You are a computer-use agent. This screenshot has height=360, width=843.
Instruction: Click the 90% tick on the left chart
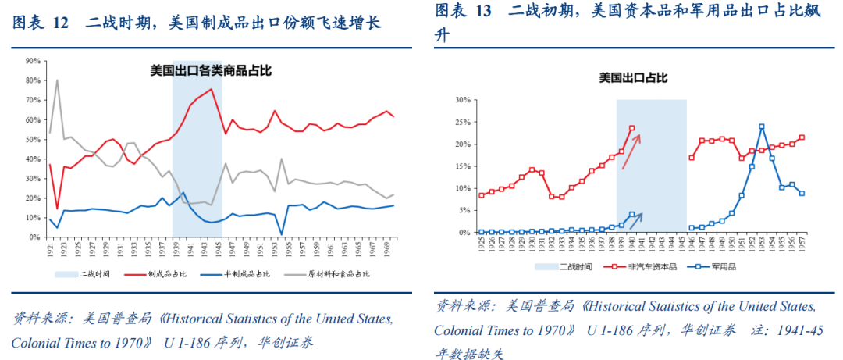pyautogui.click(x=33, y=61)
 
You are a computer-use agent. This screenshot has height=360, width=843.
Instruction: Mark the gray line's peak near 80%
pyautogui.click(x=57, y=80)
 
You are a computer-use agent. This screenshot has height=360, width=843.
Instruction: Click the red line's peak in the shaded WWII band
pyautogui.click(x=211, y=89)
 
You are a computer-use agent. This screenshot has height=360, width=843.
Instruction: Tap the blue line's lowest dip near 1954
pyautogui.click(x=280, y=233)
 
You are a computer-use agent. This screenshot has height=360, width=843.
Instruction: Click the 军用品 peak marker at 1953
pyautogui.click(x=761, y=127)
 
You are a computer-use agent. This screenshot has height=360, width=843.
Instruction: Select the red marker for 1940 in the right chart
pyautogui.click(x=631, y=128)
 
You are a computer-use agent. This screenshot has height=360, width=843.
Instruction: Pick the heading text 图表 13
pyautogui.click(x=463, y=11)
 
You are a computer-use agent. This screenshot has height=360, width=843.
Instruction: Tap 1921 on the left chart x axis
pyautogui.click(x=50, y=251)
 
